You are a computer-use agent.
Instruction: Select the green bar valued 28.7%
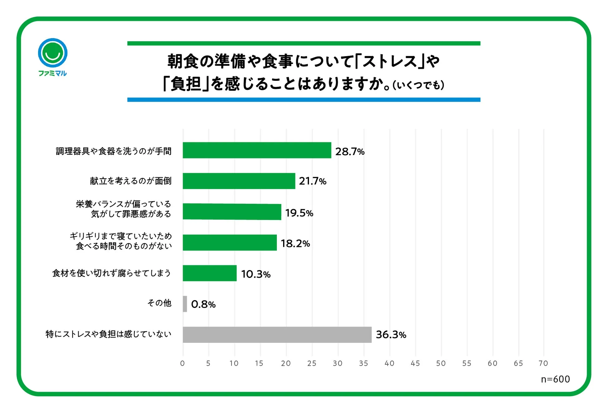[257, 150]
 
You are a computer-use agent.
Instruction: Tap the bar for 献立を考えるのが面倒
[239, 181]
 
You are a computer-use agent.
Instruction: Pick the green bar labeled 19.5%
[232, 212]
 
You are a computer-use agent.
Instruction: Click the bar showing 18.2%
[229, 242]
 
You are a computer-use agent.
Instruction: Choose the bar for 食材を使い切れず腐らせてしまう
[210, 273]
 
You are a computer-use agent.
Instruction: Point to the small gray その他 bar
[185, 304]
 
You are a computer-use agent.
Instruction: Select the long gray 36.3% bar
[277, 334]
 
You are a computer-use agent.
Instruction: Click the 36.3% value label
[391, 335]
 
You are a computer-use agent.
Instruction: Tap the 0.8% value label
[203, 304]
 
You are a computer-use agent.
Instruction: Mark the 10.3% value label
[256, 274]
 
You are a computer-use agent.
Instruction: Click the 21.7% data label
[312, 181]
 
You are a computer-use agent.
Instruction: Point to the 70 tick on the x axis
[543, 363]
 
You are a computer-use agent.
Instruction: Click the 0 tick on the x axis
[182, 363]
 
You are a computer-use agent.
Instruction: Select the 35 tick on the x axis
[363, 363]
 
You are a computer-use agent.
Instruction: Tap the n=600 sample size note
[555, 379]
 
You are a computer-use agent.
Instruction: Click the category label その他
[159, 303]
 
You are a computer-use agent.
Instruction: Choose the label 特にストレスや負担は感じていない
[109, 334]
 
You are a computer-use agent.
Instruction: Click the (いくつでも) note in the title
[418, 85]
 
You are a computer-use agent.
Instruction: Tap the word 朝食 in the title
[183, 61]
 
